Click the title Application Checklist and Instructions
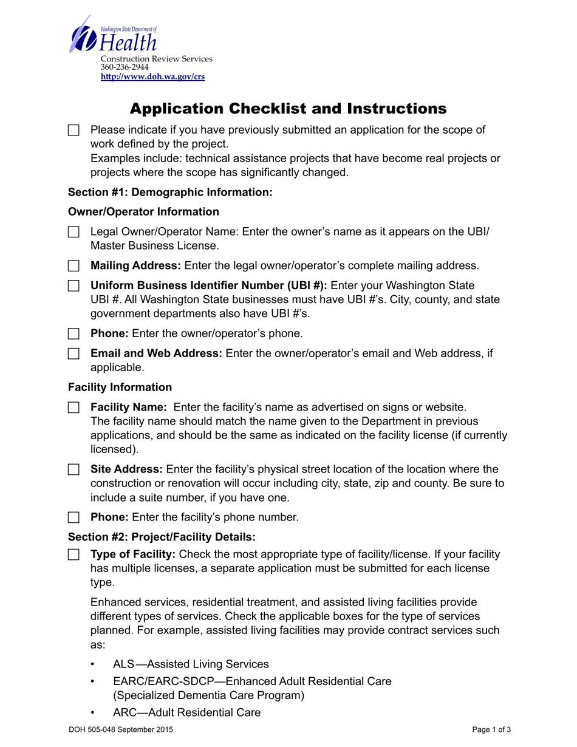coord(288,109)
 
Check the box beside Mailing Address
coord(73,265)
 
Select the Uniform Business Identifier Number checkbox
coord(73,285)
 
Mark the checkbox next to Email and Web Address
coord(73,353)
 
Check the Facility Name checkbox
coord(73,406)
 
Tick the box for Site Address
coord(73,469)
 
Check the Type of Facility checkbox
coord(73,554)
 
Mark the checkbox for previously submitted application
coord(73,130)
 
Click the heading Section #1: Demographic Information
coord(170,193)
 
